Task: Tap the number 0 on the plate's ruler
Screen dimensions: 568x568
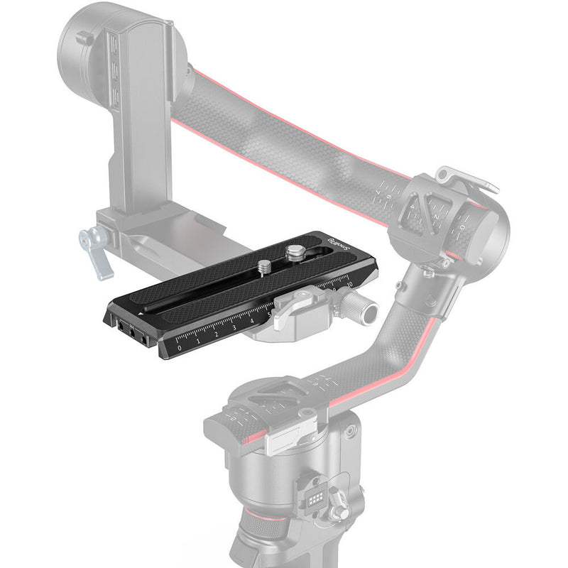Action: coord(180,347)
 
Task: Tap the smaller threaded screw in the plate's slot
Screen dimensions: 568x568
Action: coord(264,267)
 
